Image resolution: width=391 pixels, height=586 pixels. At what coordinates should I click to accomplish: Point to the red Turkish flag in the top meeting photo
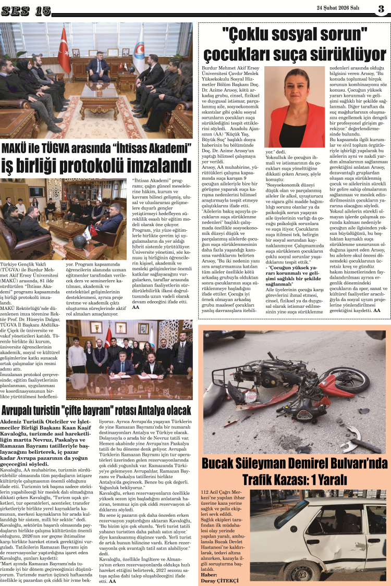click(65, 51)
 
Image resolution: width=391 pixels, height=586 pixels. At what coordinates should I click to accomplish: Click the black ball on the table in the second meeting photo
click(80, 241)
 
